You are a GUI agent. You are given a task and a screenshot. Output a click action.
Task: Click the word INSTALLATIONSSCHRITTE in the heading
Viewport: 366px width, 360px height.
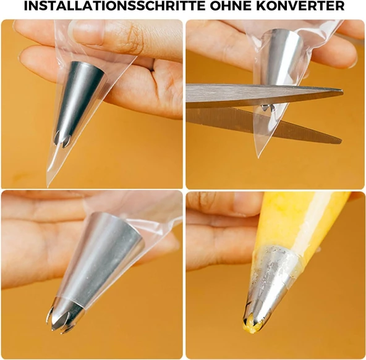point(115,6)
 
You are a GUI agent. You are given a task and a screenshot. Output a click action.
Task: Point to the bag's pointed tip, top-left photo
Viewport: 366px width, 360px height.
point(48,186)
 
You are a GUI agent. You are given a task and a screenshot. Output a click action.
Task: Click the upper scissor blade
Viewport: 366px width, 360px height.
point(264,95)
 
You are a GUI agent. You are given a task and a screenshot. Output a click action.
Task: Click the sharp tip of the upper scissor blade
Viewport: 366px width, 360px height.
point(342,90)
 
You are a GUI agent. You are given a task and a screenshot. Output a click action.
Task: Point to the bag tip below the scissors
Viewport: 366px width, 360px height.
point(258,157)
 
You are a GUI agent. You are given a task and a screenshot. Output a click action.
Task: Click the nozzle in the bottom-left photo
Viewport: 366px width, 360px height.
point(96,270)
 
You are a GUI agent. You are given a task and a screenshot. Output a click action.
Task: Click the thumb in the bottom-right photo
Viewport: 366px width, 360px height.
point(224,204)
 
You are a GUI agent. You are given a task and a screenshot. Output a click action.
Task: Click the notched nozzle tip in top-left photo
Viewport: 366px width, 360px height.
point(62,140)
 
